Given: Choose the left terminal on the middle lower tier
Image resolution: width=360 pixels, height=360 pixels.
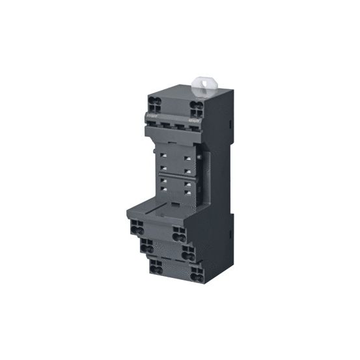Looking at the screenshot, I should coord(148,247).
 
